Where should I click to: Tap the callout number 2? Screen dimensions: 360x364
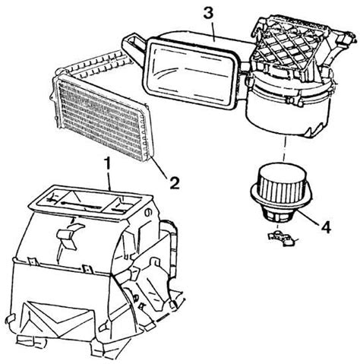175,183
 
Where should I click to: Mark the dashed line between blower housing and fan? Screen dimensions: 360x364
285,150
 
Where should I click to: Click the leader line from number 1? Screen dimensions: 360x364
109,181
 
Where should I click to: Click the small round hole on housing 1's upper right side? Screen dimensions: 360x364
148,213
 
